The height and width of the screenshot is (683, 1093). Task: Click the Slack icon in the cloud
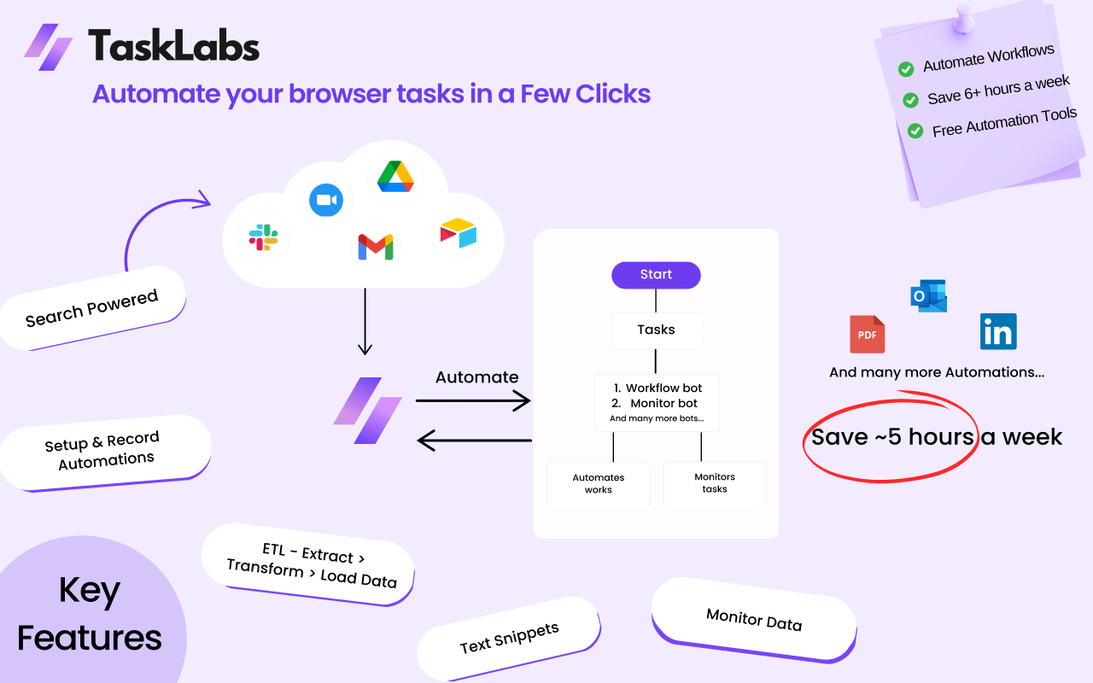[x=263, y=237]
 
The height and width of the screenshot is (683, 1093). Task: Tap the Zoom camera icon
[x=325, y=200]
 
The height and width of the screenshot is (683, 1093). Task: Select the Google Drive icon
[x=395, y=177]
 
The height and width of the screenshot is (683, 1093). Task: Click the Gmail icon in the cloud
[x=376, y=248]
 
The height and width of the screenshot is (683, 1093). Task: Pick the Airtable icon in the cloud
[x=458, y=233]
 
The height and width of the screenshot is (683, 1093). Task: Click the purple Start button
[x=656, y=275]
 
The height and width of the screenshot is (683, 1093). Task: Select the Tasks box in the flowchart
[x=656, y=330]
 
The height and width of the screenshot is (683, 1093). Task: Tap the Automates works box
[x=598, y=484]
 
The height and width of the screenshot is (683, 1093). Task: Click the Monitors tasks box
[x=714, y=483]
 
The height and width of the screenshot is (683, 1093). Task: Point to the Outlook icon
[x=929, y=295]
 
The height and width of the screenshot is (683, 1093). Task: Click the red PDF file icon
[x=867, y=334]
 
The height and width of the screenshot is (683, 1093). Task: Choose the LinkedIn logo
[x=998, y=331]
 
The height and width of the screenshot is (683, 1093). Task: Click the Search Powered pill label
[x=92, y=308]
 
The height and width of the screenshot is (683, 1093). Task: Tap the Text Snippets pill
[x=509, y=638]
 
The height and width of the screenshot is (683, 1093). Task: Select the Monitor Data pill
[x=753, y=619]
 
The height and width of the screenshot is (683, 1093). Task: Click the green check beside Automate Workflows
[x=906, y=68]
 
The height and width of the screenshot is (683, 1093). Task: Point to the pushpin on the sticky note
[x=964, y=17]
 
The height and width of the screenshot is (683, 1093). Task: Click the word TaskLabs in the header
[x=173, y=45]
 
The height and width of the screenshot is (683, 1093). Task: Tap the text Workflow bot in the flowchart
[x=663, y=388]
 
